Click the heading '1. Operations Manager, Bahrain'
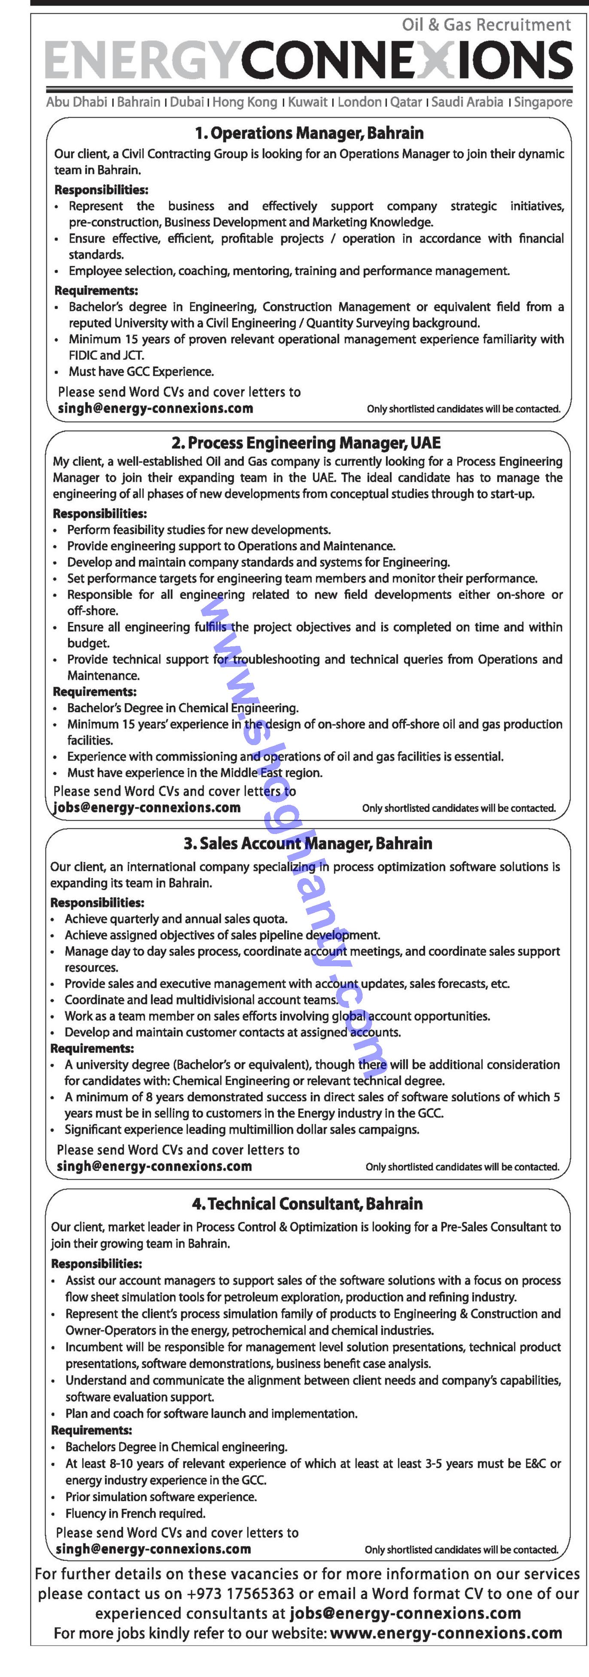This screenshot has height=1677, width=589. tap(309, 134)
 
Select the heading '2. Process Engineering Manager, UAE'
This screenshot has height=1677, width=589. tap(305, 443)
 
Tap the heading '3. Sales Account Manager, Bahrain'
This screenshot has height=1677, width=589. tap(308, 844)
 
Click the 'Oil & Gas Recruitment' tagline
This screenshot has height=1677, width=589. tap(486, 25)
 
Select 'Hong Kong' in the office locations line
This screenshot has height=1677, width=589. tap(244, 102)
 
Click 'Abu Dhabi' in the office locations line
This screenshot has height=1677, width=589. tap(76, 102)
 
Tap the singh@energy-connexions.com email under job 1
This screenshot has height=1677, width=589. tap(155, 409)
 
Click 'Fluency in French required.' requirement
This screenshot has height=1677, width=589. tap(135, 1514)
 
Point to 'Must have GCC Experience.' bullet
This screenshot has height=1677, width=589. tap(141, 372)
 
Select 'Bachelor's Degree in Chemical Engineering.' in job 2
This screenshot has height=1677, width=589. tap(183, 708)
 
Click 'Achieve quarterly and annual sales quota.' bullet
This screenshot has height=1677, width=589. tap(175, 919)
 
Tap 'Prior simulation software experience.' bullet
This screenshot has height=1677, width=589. tap(161, 1497)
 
